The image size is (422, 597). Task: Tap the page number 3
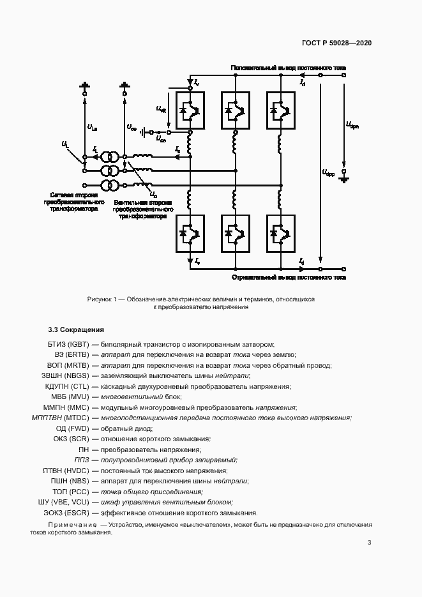tap(370, 543)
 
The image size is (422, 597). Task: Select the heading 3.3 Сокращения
tap(76, 330)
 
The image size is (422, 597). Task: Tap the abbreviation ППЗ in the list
tap(82, 460)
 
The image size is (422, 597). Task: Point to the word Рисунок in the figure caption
tap(101, 299)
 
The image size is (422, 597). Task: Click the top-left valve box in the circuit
tap(190, 110)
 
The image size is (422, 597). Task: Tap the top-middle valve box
tap(235, 110)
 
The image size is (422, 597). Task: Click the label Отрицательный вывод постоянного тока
tap(289, 278)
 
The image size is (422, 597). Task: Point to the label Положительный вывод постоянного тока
tap(289, 67)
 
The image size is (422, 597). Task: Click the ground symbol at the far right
tap(345, 179)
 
